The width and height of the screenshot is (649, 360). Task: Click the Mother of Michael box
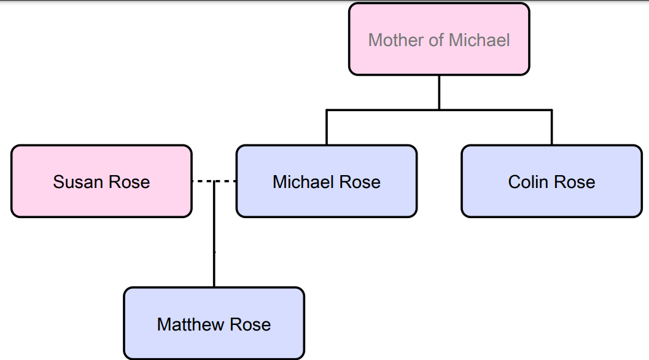coord(439,39)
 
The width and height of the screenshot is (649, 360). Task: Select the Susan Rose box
coord(101,181)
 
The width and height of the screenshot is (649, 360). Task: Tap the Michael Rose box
coord(326,181)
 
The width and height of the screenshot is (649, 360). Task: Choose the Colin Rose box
coord(551,181)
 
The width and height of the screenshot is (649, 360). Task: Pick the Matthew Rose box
coord(214,324)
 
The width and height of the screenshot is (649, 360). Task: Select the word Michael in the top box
coord(479,41)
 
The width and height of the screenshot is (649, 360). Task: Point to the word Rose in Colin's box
coord(575,182)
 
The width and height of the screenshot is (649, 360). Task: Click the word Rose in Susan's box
coord(129,182)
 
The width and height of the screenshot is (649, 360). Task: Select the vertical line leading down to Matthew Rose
coord(214,246)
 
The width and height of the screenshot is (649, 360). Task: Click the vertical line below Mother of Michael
coord(439,92)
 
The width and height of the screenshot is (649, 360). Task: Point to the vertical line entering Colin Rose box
coord(551,127)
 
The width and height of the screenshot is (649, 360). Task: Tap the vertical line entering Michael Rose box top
coord(326,127)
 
